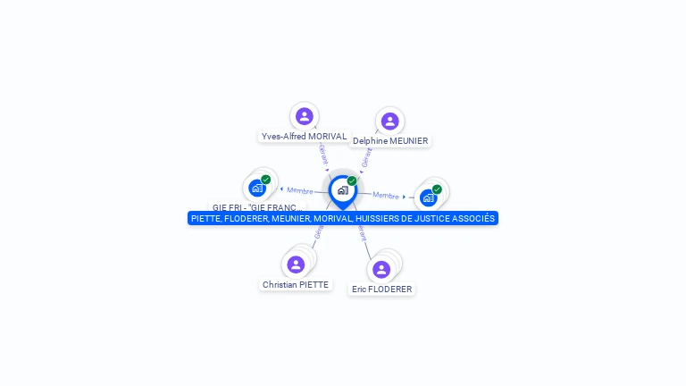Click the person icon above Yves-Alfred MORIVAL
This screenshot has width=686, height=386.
pos(304,116)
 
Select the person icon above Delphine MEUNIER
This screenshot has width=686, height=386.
pos(389,121)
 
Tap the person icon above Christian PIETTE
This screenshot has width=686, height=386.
pos(296,264)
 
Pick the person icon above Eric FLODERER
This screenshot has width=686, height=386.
pos(381,269)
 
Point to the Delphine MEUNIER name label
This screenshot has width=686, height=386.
pos(390,141)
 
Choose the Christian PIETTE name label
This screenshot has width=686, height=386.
pos(296,285)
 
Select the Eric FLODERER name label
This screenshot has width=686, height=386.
pos(382,289)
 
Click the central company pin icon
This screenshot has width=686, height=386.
pos(342,190)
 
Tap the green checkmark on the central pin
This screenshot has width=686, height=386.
pos(352,180)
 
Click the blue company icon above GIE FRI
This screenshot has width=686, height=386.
pos(257,188)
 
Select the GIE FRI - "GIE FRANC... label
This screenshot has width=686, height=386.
pos(257,207)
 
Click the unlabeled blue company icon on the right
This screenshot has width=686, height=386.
pos(429,197)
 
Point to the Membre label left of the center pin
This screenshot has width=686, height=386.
pos(300,190)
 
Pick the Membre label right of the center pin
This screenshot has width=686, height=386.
pos(386,196)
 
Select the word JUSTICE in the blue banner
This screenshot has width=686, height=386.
pos(435,218)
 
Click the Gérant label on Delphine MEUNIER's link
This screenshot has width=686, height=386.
pos(366,158)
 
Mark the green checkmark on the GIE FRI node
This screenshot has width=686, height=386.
pos(266,180)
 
